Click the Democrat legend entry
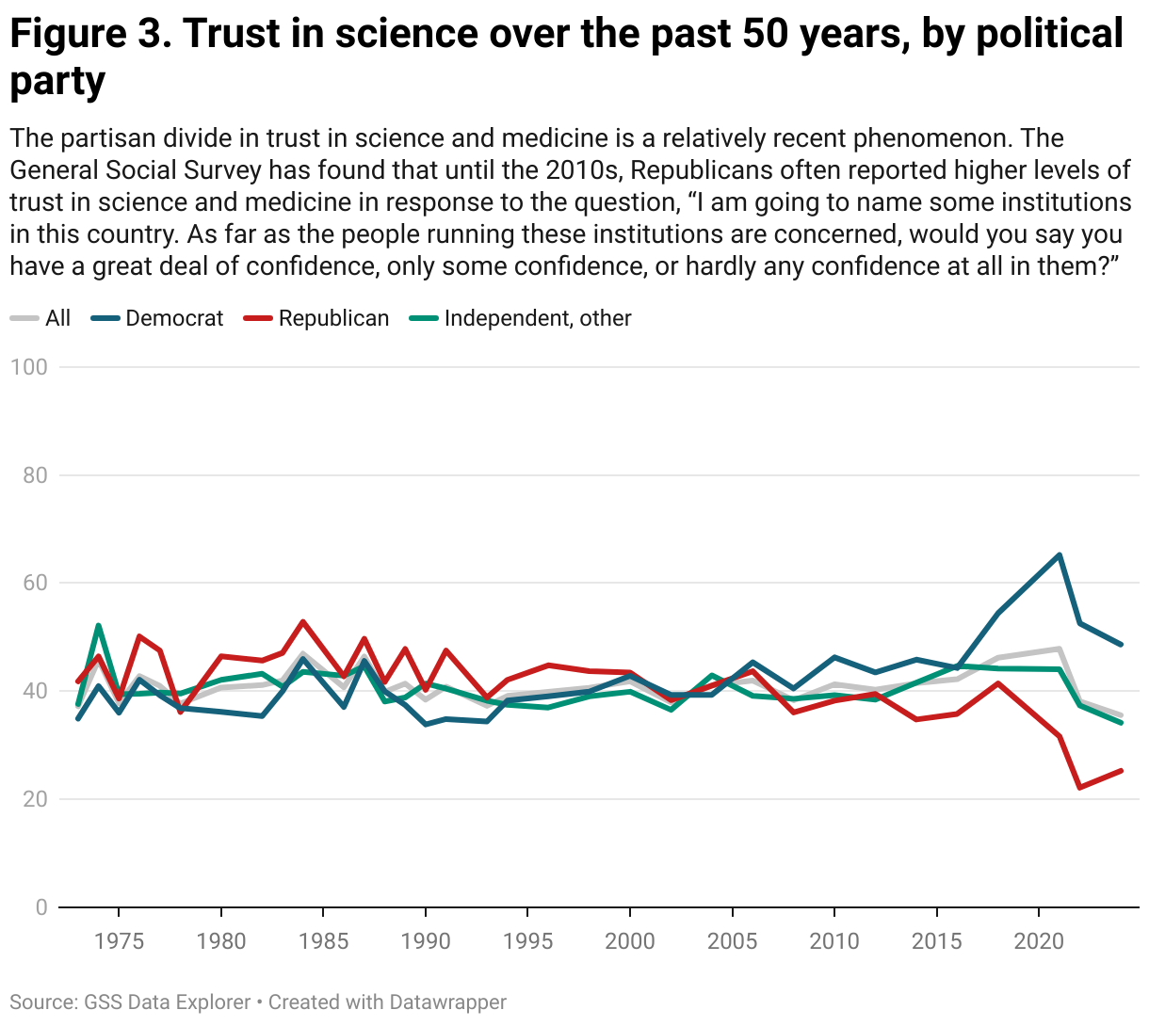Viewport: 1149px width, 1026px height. (x=174, y=318)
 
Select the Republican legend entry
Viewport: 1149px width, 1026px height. (x=333, y=318)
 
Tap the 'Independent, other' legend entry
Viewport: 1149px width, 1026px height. (x=537, y=318)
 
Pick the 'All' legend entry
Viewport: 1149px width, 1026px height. (x=57, y=318)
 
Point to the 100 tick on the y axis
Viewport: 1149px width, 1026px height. (x=28, y=367)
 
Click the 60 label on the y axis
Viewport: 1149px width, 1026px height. (x=34, y=583)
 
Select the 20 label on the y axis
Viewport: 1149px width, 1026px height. (x=34, y=799)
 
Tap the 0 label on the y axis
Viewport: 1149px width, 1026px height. (x=40, y=907)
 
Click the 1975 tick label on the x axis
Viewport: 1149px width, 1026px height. (x=119, y=941)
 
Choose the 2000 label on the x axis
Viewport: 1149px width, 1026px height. (x=629, y=941)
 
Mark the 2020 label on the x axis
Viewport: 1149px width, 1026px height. (x=1038, y=941)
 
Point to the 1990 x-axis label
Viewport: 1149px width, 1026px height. (x=425, y=941)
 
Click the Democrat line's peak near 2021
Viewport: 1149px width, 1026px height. (x=1060, y=555)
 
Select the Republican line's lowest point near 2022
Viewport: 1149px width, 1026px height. (x=1079, y=787)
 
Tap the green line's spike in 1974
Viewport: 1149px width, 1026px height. (x=99, y=625)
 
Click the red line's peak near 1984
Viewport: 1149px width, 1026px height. (x=302, y=621)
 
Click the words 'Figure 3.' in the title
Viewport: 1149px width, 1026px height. (x=89, y=35)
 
